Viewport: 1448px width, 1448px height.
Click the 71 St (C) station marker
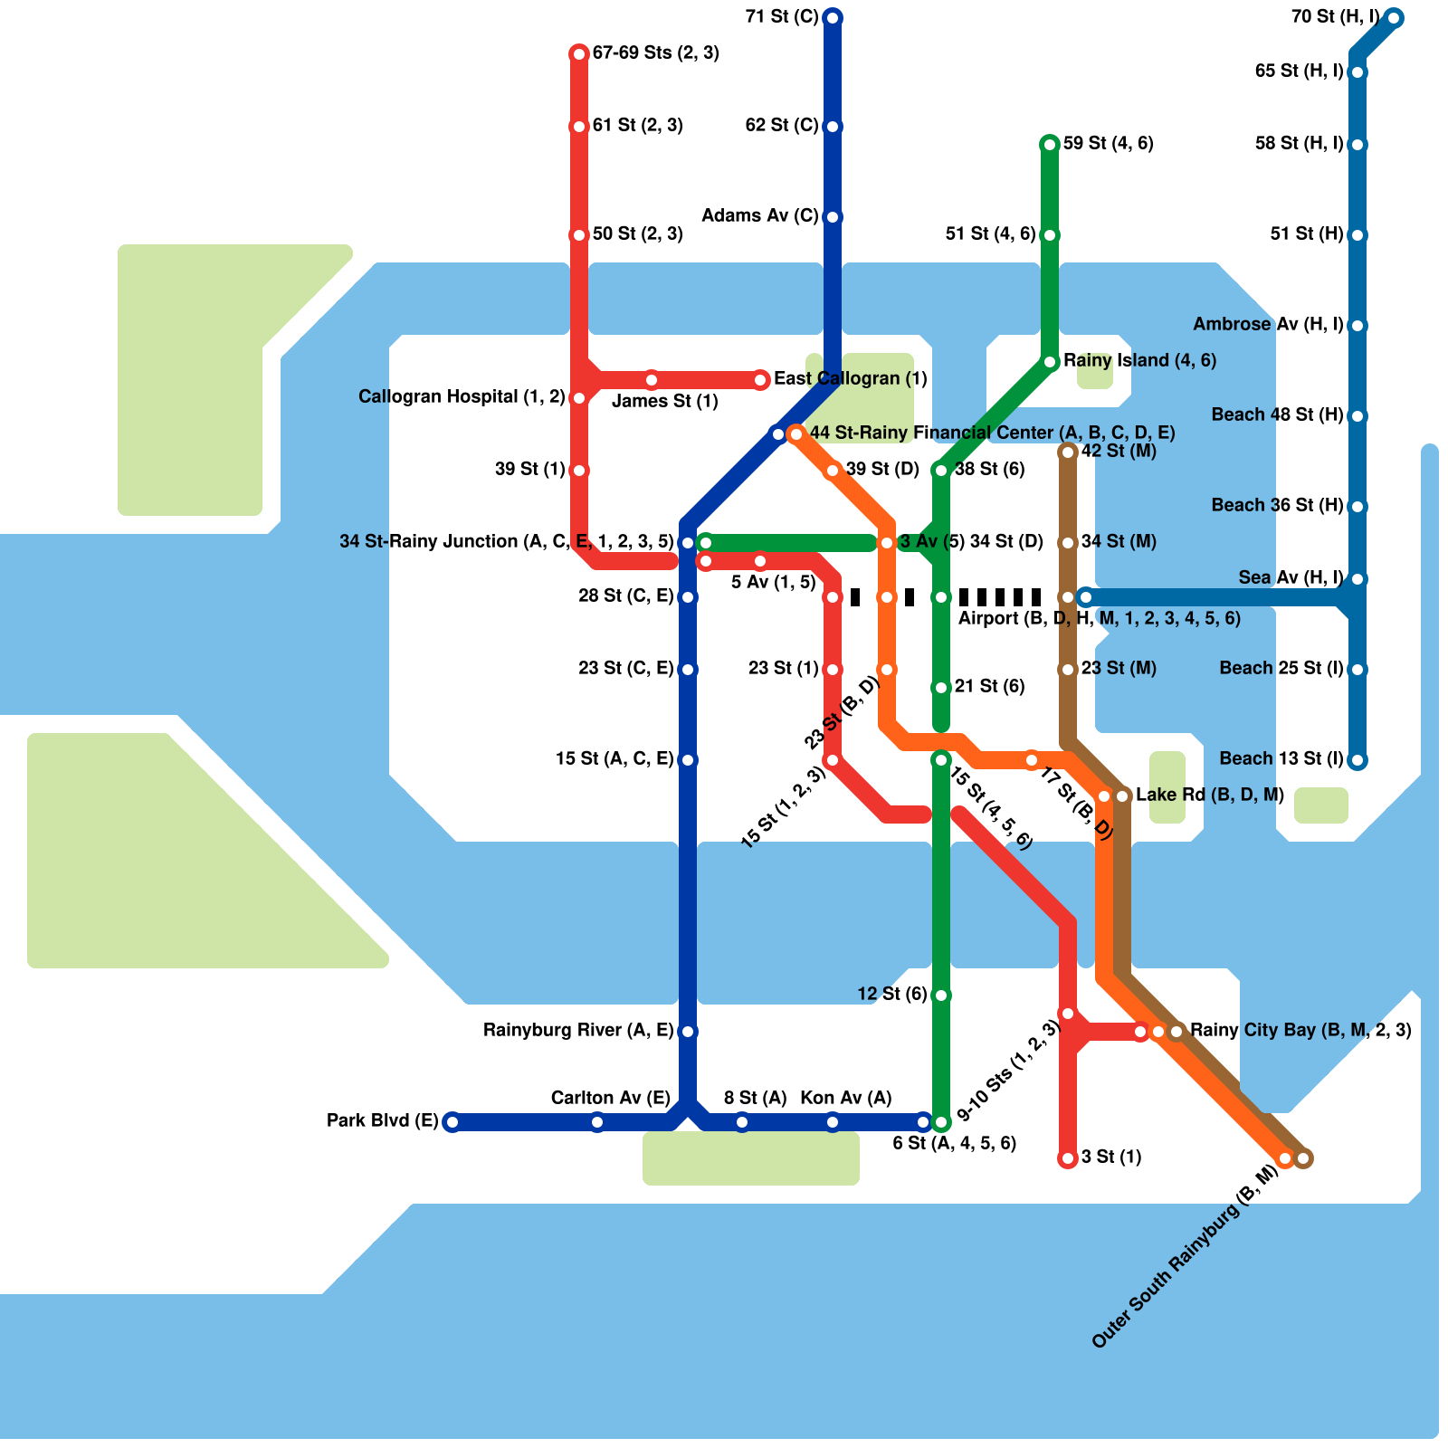(833, 17)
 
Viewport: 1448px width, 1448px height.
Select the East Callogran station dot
(761, 380)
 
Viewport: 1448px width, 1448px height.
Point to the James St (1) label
(665, 401)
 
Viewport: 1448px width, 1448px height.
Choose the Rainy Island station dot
(1050, 362)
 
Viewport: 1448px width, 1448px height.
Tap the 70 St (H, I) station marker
(1394, 17)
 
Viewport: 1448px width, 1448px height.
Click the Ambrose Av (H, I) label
(1268, 324)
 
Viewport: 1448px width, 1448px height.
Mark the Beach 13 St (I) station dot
(1357, 760)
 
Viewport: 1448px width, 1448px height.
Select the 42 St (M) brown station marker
(1068, 452)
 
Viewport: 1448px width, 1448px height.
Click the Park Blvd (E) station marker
(452, 1122)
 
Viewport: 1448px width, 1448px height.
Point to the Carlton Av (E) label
(610, 1098)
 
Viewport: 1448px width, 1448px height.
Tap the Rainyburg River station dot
(688, 1032)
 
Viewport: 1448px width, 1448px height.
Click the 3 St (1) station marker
(1068, 1158)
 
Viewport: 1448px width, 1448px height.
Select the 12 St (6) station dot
(941, 995)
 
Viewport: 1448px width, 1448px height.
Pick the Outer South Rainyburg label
(1185, 1257)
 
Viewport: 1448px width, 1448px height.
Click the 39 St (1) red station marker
(579, 471)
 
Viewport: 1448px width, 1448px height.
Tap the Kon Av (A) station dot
(833, 1122)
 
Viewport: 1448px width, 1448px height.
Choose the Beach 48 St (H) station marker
(1357, 416)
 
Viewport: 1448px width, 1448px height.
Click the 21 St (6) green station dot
(941, 688)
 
